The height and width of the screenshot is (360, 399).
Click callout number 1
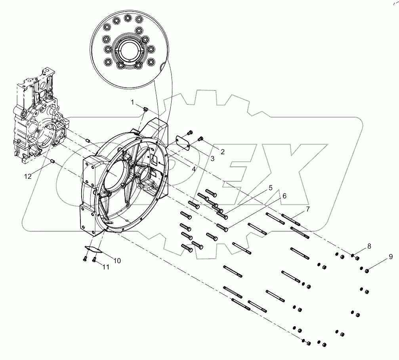coord(133,103)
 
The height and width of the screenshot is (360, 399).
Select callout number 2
coord(222,151)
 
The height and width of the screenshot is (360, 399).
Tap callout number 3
coord(212,159)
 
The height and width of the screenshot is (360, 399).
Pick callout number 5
coord(271,188)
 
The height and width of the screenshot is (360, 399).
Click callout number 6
coord(284,196)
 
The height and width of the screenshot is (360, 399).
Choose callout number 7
coord(307,209)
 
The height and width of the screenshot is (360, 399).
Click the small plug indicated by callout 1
coord(145,109)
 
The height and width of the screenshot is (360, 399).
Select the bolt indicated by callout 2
coord(200,138)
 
